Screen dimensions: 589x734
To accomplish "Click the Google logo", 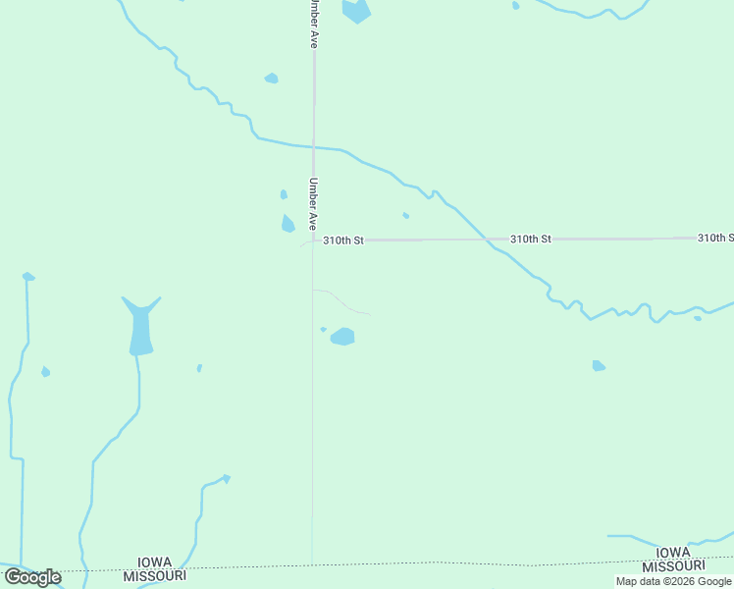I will point(32,577).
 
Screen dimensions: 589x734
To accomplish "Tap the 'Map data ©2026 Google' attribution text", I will point(674,581).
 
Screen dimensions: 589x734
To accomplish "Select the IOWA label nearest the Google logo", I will point(155,562).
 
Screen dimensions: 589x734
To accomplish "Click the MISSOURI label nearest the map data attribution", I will point(673,566).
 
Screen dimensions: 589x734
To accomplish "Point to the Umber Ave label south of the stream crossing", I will point(313,203).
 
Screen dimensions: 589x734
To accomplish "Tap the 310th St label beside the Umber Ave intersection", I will point(343,240).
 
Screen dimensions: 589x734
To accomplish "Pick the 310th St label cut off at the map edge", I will point(715,238).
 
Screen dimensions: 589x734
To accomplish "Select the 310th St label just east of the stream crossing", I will point(531,239).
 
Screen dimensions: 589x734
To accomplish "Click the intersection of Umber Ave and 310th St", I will point(314,240).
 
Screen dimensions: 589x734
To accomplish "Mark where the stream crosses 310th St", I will point(486,239).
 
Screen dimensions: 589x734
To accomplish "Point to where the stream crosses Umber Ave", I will point(314,147).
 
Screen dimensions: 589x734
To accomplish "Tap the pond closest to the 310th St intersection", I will point(288,224).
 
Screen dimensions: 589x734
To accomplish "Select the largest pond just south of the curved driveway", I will point(342,337).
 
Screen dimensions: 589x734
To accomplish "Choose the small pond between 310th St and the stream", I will point(405,215).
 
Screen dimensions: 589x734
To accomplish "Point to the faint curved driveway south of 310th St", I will point(343,300).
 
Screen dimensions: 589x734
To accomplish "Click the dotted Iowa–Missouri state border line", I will point(393,564).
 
